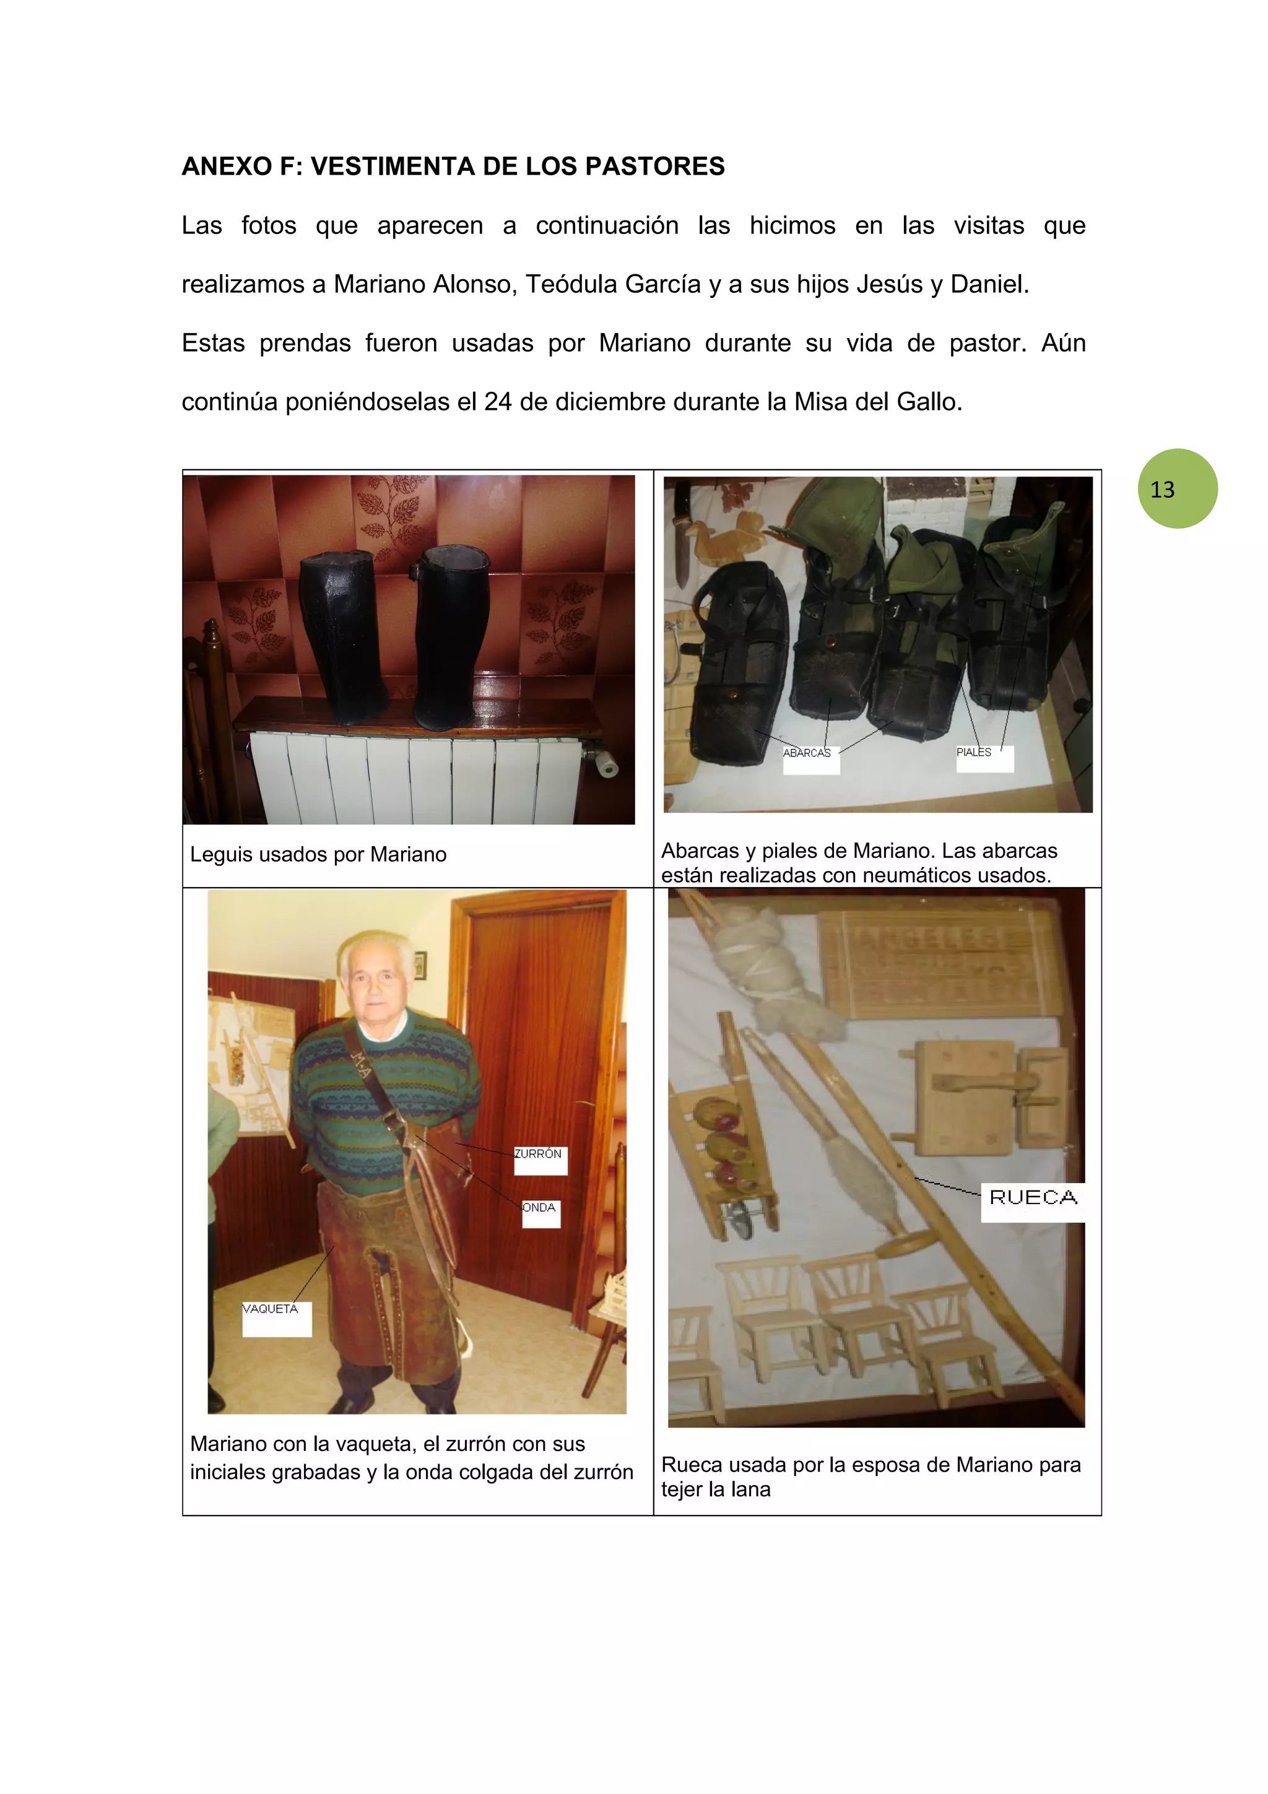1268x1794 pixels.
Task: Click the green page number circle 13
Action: pyautogui.click(x=1176, y=488)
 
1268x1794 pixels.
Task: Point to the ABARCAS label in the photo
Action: pyautogui.click(x=808, y=753)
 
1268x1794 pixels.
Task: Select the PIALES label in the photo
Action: pyautogui.click(x=975, y=752)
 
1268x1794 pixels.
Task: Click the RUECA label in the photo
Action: pyautogui.click(x=1032, y=1197)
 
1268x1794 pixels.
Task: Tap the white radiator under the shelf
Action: pyautogui.click(x=414, y=778)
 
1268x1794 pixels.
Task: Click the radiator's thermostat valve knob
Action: pyautogui.click(x=606, y=764)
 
